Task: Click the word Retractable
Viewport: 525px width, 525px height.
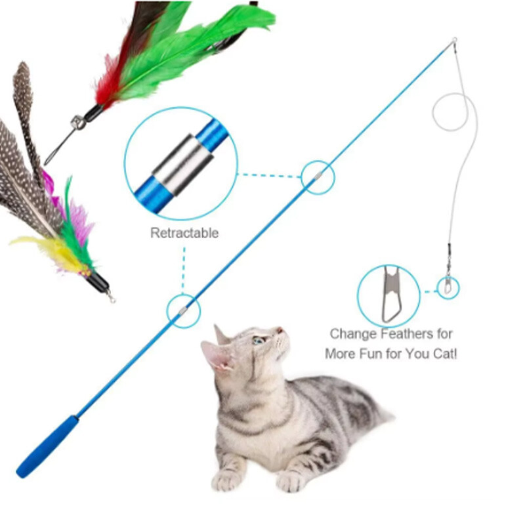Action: tap(184, 233)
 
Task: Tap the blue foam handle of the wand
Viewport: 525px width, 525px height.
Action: tap(47, 446)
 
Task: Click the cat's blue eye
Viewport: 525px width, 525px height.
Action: tap(259, 341)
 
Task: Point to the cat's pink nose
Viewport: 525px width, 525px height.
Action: tap(280, 330)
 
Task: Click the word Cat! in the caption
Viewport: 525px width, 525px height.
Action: tap(445, 354)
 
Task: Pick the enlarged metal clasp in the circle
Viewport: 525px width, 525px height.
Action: tap(391, 294)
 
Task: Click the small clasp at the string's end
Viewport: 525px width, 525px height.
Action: tap(448, 285)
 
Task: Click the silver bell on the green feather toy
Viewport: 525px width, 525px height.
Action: tap(77, 121)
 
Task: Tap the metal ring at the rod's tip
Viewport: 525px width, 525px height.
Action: tap(454, 41)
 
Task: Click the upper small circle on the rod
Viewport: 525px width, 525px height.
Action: tap(318, 177)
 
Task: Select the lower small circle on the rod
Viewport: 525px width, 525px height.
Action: tap(184, 311)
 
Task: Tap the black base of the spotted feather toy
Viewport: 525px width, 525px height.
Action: tap(100, 283)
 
